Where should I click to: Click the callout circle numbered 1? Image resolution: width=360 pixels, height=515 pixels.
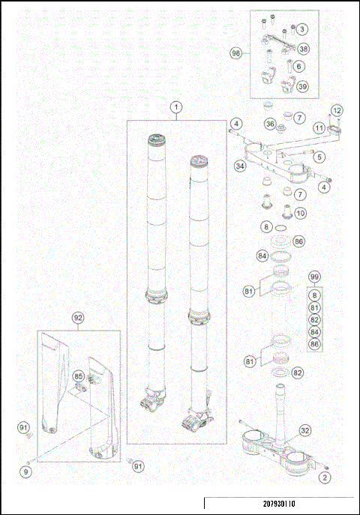pos(175,108)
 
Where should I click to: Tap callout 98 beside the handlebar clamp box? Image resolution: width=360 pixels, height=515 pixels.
pos(301,29)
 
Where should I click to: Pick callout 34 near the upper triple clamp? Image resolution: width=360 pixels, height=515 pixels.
pos(240,166)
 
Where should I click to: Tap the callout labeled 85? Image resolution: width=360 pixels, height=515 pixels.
pos(78,375)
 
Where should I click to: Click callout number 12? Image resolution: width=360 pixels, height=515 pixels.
pos(336,111)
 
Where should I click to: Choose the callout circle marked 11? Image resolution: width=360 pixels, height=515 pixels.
pos(319,128)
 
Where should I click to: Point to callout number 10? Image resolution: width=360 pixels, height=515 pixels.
pos(299,212)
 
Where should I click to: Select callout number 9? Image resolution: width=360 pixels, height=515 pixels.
pos(26,472)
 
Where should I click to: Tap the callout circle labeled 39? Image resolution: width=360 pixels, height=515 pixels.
pos(302,86)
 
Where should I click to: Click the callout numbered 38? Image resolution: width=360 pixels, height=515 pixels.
pos(303,48)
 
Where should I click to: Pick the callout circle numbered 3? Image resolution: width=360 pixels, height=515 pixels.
pos(301,29)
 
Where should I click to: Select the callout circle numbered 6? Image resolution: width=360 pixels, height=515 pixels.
pos(298,66)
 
